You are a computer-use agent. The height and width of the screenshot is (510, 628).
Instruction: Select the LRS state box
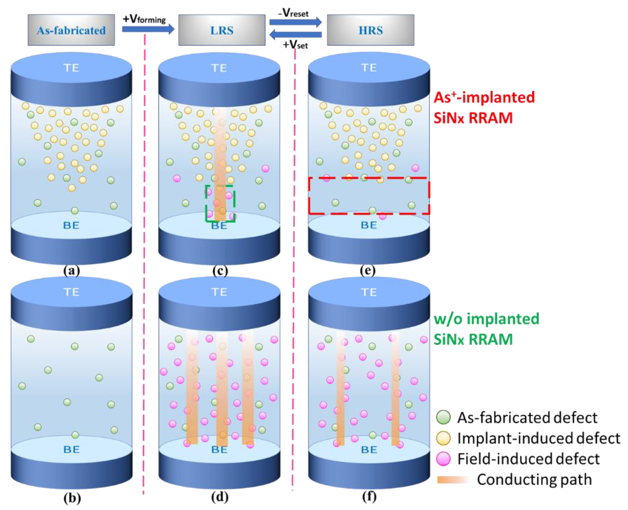222,30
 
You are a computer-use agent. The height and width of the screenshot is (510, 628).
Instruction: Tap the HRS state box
370,30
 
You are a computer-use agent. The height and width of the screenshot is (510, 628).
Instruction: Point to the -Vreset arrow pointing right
296,22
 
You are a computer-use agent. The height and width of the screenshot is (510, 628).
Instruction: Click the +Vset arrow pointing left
296,35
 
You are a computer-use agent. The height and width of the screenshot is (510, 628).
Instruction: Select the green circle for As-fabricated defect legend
443,417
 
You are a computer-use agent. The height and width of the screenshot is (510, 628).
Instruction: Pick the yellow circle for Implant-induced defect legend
443,438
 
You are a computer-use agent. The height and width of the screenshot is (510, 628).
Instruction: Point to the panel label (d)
220,497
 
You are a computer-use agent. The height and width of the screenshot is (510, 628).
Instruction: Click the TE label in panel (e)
369,68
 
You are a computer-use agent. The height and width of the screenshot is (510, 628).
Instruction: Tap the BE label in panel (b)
71,449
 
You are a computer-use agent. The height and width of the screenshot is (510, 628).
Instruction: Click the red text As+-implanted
484,97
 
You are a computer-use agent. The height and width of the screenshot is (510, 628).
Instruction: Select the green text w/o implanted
486,319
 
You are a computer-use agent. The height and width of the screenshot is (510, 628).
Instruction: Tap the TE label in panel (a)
71,68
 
